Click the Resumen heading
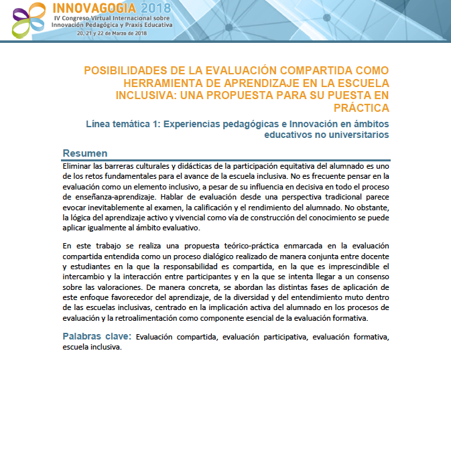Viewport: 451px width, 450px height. pos(85,153)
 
